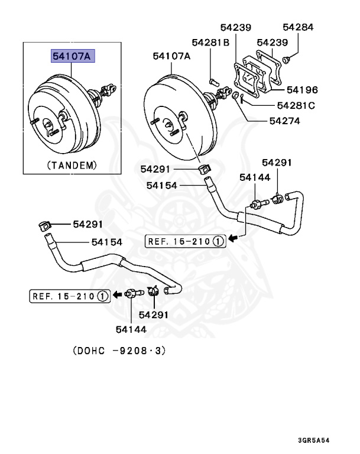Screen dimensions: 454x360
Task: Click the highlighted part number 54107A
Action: [72, 56]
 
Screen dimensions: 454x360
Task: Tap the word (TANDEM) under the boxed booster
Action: [72, 165]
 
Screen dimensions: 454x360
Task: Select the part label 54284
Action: [298, 27]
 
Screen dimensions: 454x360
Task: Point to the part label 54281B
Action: [210, 42]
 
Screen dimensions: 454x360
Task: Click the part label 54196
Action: [302, 90]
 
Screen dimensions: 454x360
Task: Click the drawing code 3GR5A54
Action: [322, 440]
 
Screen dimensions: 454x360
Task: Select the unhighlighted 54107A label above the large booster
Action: [171, 56]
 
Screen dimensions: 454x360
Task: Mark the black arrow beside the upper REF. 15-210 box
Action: [233, 241]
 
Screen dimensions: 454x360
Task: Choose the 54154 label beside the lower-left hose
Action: [107, 242]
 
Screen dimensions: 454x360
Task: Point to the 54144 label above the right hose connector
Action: [255, 177]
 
